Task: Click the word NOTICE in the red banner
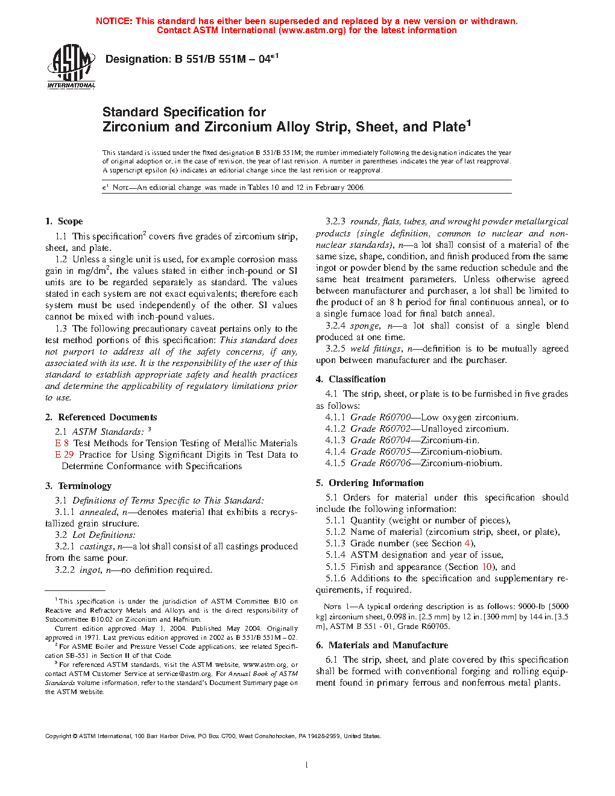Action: coord(114,21)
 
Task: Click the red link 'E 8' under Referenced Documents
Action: coord(61,443)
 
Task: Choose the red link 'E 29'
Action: coord(64,455)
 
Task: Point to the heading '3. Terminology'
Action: coord(78,486)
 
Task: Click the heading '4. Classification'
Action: coord(351,379)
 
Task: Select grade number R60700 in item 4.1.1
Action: coord(394,417)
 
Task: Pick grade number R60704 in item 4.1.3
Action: coord(394,440)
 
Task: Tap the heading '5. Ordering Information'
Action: coord(370,483)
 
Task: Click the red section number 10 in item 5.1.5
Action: coord(487,567)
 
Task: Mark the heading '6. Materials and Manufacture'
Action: coord(382,645)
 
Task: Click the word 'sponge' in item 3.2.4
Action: coord(365,326)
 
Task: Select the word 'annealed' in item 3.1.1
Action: coord(98,512)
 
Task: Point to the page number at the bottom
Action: coord(307,765)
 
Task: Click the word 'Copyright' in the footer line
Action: coord(58,736)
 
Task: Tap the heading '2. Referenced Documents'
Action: coord(101,417)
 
